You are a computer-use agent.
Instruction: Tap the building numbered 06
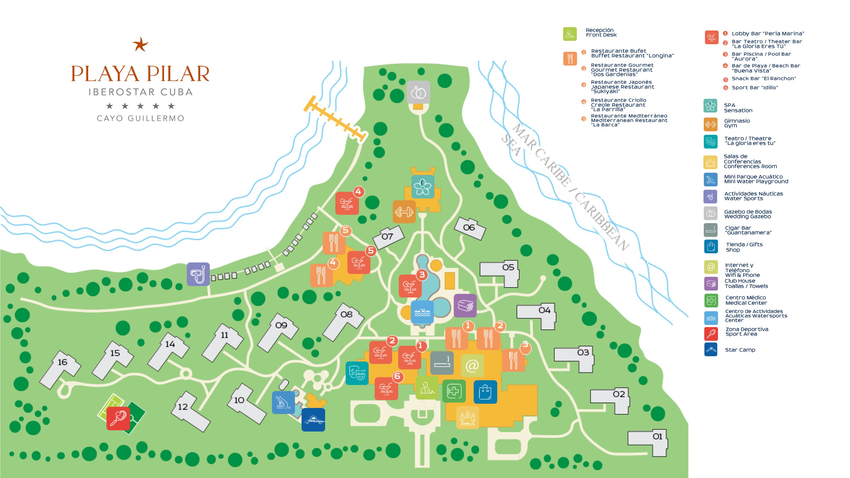tap(470, 228)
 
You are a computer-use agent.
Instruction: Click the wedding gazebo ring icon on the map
tap(418, 92)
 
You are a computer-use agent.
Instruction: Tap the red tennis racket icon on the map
tap(118, 418)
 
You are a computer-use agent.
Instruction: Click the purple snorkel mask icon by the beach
tap(198, 274)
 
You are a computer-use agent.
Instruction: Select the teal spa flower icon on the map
tap(423, 187)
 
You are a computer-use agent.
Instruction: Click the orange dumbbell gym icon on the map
tap(404, 212)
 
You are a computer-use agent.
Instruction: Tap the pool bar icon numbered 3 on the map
tap(410, 286)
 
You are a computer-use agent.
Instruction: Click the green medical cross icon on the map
tap(454, 391)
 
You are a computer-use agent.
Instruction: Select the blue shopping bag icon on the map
tap(485, 392)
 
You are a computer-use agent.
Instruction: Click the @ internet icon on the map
tap(472, 365)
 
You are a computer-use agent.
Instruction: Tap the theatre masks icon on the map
tap(357, 373)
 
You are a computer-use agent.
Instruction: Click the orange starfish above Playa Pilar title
tap(140, 44)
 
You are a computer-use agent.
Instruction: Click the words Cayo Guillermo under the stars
tap(141, 118)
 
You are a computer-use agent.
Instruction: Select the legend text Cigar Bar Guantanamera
tap(748, 230)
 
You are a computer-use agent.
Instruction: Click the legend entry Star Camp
tap(740, 350)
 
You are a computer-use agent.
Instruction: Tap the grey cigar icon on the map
tap(442, 363)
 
